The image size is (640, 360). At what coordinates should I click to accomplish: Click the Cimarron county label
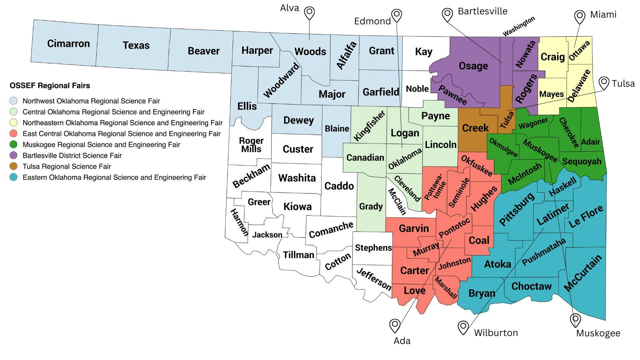tap(68, 44)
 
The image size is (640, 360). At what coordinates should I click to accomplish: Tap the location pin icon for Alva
tap(309, 13)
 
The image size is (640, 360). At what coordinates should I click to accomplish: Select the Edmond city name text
tap(372, 21)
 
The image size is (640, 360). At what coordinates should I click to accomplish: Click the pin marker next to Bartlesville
tap(447, 15)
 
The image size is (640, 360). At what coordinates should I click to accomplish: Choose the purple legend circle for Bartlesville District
tap(14, 155)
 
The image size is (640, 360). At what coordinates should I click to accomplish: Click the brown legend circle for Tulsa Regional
tap(14, 166)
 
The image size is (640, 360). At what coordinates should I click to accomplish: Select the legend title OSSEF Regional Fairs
tap(50, 86)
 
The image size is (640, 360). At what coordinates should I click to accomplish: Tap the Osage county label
tap(473, 66)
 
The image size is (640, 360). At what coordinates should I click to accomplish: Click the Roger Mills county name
tap(251, 145)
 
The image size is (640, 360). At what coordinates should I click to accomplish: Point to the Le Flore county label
tap(586, 217)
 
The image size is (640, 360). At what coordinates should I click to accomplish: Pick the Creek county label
tap(475, 128)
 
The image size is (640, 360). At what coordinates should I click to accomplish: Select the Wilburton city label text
tap(496, 333)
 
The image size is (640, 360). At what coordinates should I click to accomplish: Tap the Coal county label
tap(479, 240)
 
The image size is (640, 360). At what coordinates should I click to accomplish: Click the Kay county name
tap(423, 52)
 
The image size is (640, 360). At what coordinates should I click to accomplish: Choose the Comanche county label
tap(331, 230)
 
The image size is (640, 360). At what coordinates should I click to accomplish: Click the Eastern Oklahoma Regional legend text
tap(114, 177)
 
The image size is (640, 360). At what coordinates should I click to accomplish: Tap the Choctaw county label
tap(531, 286)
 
